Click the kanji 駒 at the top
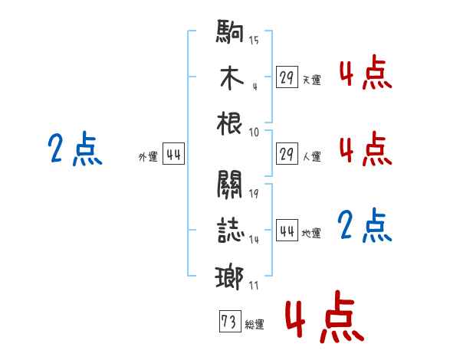pyautogui.click(x=230, y=31)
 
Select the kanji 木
pyautogui.click(x=232, y=77)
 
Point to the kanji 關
pyautogui.click(x=230, y=185)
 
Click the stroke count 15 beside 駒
pyautogui.click(x=254, y=40)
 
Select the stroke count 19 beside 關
pyautogui.click(x=254, y=194)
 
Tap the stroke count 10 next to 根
pyautogui.click(x=254, y=133)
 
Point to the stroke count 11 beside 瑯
pyautogui.click(x=254, y=286)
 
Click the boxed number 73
pyautogui.click(x=230, y=321)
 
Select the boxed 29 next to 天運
pyautogui.click(x=287, y=77)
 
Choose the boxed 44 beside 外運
pyautogui.click(x=174, y=154)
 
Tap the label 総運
pyautogui.click(x=255, y=324)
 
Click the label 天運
pyautogui.click(x=312, y=80)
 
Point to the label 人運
pyautogui.click(x=312, y=156)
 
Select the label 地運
pyautogui.click(x=311, y=233)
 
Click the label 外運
pyautogui.click(x=148, y=157)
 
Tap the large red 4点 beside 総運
pyautogui.click(x=325, y=316)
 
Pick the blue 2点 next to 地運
pyautogui.click(x=365, y=225)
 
